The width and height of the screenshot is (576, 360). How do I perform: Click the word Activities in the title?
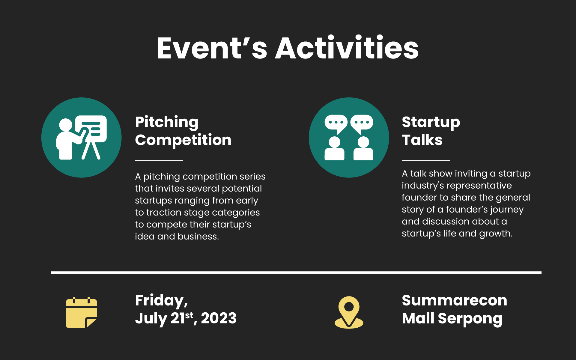tap(347, 48)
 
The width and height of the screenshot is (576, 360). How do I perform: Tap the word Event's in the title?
tap(212, 48)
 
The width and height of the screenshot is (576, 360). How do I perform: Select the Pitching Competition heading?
tap(183, 131)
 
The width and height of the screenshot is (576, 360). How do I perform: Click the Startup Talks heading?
tap(431, 131)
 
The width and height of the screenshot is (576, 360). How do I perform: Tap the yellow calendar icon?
tap(82, 312)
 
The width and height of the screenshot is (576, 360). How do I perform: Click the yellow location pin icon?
tap(349, 312)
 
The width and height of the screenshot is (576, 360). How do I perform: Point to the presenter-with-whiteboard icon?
tap(82, 137)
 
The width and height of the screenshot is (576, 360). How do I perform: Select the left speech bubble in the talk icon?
tap(336, 123)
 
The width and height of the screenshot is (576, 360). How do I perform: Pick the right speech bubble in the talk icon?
tap(362, 123)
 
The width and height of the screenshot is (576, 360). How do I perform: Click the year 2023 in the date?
tap(219, 318)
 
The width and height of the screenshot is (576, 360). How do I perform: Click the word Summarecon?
tap(455, 300)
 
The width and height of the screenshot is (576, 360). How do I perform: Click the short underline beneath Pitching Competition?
tap(159, 161)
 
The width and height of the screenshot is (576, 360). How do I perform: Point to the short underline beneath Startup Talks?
tap(426, 161)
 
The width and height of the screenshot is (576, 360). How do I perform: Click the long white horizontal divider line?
tap(296, 273)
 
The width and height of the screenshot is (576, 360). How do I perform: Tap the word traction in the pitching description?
tap(164, 213)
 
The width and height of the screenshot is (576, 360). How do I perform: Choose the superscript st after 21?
tap(189, 315)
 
